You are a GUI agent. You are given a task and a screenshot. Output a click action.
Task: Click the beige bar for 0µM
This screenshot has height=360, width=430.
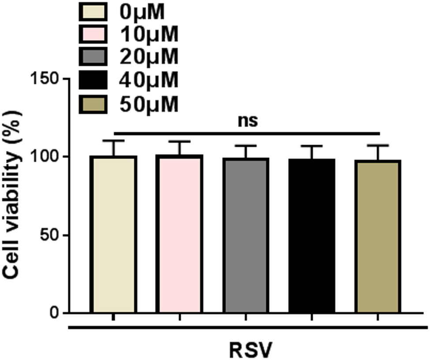click(x=113, y=234)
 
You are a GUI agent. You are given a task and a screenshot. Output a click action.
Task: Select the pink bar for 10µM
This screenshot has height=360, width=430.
click(x=179, y=234)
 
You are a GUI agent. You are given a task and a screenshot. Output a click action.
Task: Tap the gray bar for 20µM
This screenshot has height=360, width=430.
click(x=246, y=236)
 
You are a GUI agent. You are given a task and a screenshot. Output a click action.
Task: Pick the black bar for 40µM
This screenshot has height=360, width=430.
click(x=312, y=236)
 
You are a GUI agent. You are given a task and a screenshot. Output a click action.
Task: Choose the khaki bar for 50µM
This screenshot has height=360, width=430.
click(x=378, y=236)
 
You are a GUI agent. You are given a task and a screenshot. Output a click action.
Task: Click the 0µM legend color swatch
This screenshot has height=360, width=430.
click(x=93, y=11)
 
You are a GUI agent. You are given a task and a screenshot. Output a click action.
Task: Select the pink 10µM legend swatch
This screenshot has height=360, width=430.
click(x=93, y=34)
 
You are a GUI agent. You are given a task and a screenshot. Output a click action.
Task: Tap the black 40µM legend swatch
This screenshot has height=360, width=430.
click(x=93, y=80)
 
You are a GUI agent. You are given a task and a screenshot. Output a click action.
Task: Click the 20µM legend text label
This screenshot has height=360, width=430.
click(x=149, y=57)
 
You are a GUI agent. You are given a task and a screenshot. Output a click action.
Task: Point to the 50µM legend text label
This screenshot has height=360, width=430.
click(x=149, y=105)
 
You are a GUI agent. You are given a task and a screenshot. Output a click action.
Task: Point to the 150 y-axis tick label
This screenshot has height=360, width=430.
click(x=44, y=79)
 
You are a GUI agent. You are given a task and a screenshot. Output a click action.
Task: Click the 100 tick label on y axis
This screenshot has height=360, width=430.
click(x=44, y=157)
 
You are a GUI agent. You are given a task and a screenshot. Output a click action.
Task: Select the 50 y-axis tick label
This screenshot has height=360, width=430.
click(x=50, y=235)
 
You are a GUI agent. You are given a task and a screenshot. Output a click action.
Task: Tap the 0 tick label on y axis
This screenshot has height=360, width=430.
click(x=55, y=313)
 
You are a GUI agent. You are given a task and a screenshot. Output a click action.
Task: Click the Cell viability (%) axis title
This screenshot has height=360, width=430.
click(x=11, y=195)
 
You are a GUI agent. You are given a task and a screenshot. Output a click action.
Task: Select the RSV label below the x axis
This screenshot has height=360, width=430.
click(x=251, y=350)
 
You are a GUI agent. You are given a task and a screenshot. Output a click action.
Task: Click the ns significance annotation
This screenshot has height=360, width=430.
click(x=247, y=121)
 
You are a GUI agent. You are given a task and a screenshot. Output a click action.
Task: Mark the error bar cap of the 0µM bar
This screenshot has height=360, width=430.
click(x=113, y=141)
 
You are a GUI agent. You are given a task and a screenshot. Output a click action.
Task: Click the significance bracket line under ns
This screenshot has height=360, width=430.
click(x=247, y=134)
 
